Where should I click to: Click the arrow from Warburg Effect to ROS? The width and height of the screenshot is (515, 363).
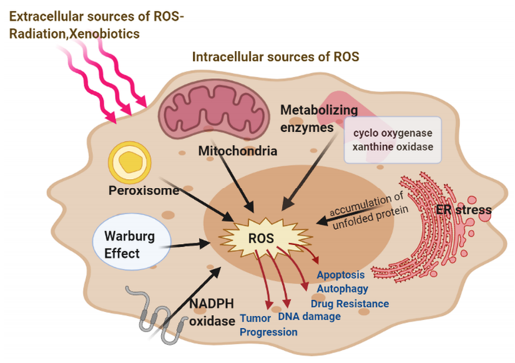click(x=187, y=245)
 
